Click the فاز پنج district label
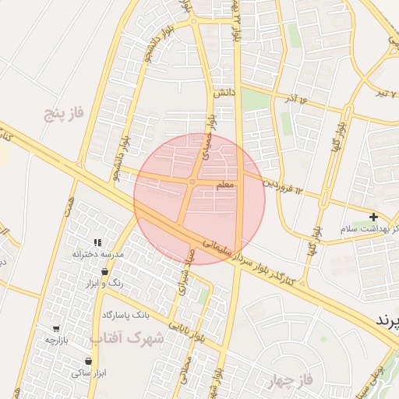pos(64,115)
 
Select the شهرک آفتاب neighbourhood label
pos(128,338)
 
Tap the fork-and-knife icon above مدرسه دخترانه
pos(98,243)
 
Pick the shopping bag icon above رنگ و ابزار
pos(105,272)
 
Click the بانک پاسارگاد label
pos(125,315)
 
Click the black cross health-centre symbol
pos(374,217)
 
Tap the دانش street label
pos(224,93)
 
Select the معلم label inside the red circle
pos(224,185)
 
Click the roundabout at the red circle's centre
pos(192,182)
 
